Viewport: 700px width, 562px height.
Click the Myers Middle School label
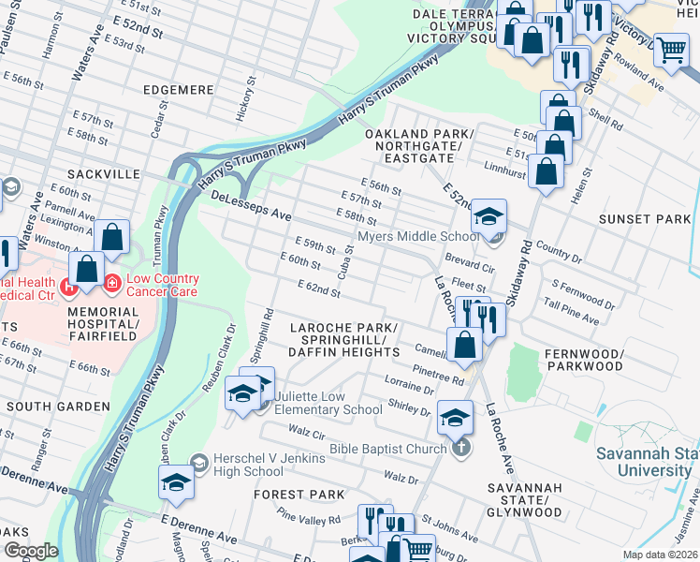[418, 237]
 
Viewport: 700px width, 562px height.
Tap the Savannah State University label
[645, 453]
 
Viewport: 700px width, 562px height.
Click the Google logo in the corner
[31, 550]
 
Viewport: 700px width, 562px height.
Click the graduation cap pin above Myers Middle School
[488, 217]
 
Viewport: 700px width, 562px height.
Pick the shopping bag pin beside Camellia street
[464, 345]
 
